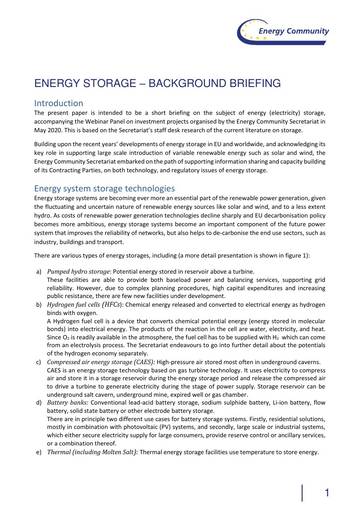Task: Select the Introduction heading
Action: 65,102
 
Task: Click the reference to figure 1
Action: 273,257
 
